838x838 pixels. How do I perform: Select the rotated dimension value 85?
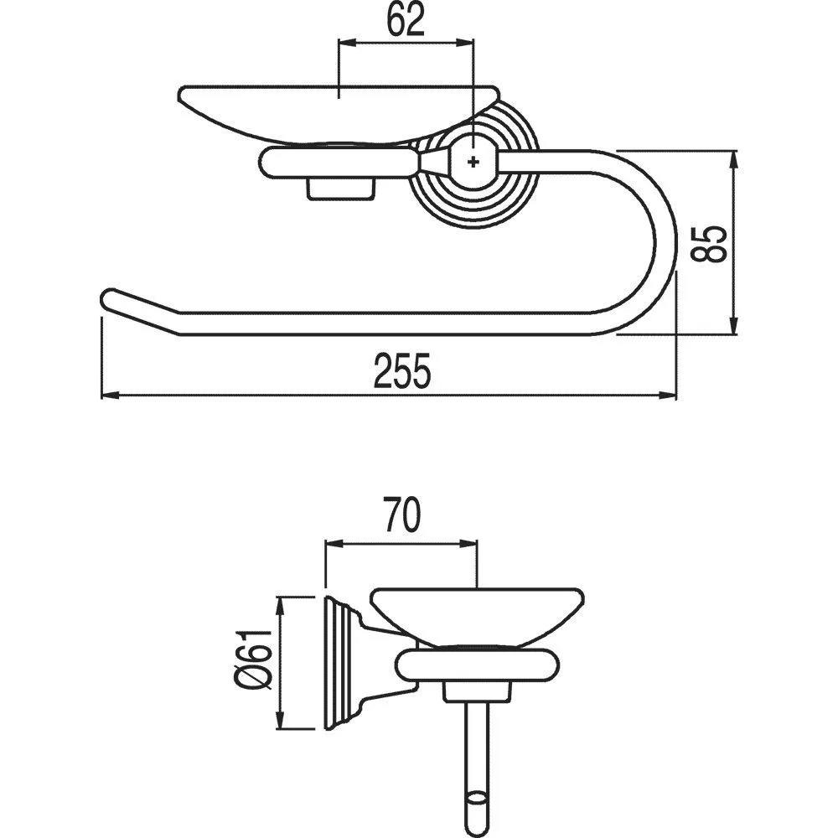709,244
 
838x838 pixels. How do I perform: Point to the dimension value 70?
401,515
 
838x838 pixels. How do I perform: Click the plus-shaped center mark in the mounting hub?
473,161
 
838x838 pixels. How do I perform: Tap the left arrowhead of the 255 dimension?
109,396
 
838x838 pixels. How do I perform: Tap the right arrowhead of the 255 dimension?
668,396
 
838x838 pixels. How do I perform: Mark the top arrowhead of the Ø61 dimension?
280,606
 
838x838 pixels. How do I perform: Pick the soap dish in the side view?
477,614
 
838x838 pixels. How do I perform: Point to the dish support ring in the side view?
478,665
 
